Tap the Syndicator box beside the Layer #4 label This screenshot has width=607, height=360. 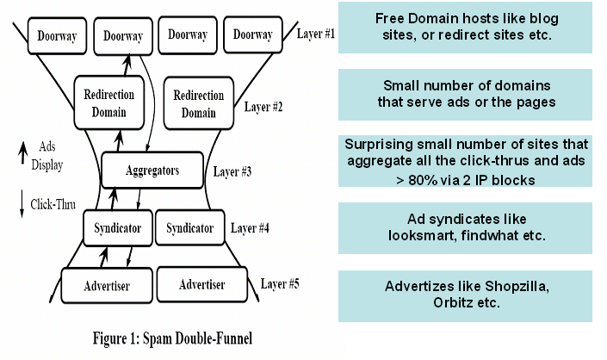click(189, 228)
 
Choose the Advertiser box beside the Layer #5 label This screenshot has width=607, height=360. click(203, 284)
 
